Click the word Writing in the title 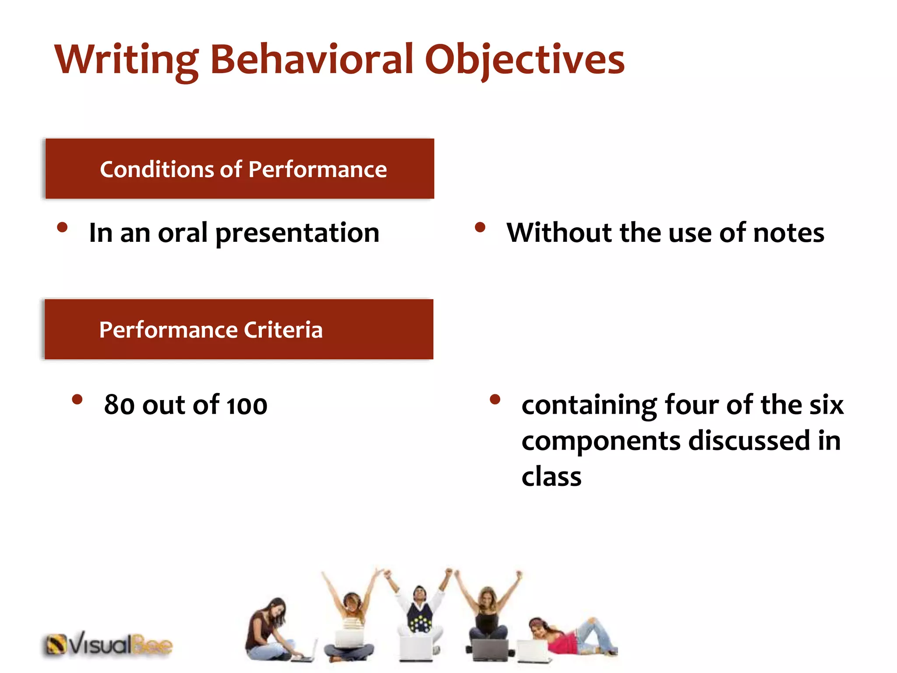(126, 60)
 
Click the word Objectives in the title (524, 60)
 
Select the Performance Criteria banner (239, 329)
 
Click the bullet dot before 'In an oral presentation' (63, 227)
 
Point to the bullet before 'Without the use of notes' (480, 227)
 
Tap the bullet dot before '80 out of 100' (78, 399)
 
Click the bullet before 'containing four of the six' (495, 399)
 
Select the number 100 (247, 405)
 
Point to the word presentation (297, 233)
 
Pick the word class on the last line (551, 476)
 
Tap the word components (600, 441)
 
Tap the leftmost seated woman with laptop (269, 631)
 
